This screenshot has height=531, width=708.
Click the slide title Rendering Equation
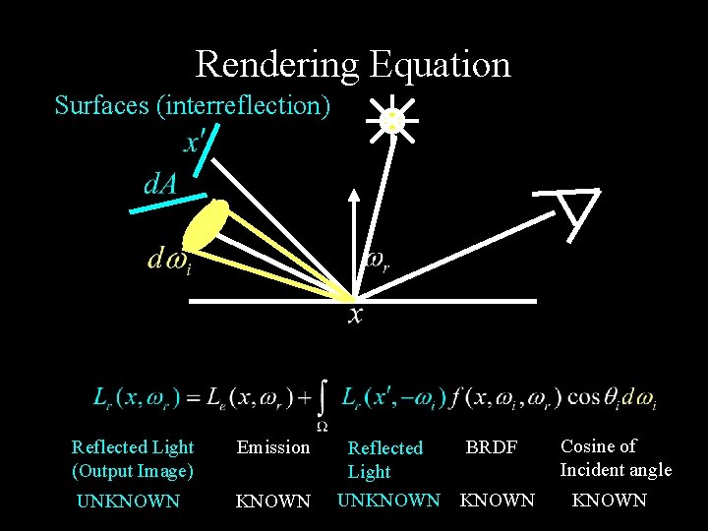[x=353, y=65]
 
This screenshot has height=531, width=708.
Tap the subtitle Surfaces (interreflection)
[x=193, y=105]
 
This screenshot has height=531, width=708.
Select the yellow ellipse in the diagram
[x=207, y=227]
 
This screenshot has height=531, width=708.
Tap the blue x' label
[x=195, y=142]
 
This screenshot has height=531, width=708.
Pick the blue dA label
[x=160, y=183]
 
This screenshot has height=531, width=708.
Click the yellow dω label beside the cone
[x=168, y=260]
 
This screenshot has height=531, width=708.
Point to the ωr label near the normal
[x=379, y=261]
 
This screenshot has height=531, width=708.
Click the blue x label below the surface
[x=355, y=315]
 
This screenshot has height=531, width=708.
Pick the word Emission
[x=272, y=447]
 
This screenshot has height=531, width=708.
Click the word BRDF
[x=491, y=447]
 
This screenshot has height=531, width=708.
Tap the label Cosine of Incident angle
[x=616, y=458]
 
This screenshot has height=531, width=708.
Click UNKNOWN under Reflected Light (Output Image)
[x=128, y=501]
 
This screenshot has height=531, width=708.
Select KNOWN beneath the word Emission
[x=272, y=501]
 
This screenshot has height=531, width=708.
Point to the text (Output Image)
[x=133, y=471]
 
